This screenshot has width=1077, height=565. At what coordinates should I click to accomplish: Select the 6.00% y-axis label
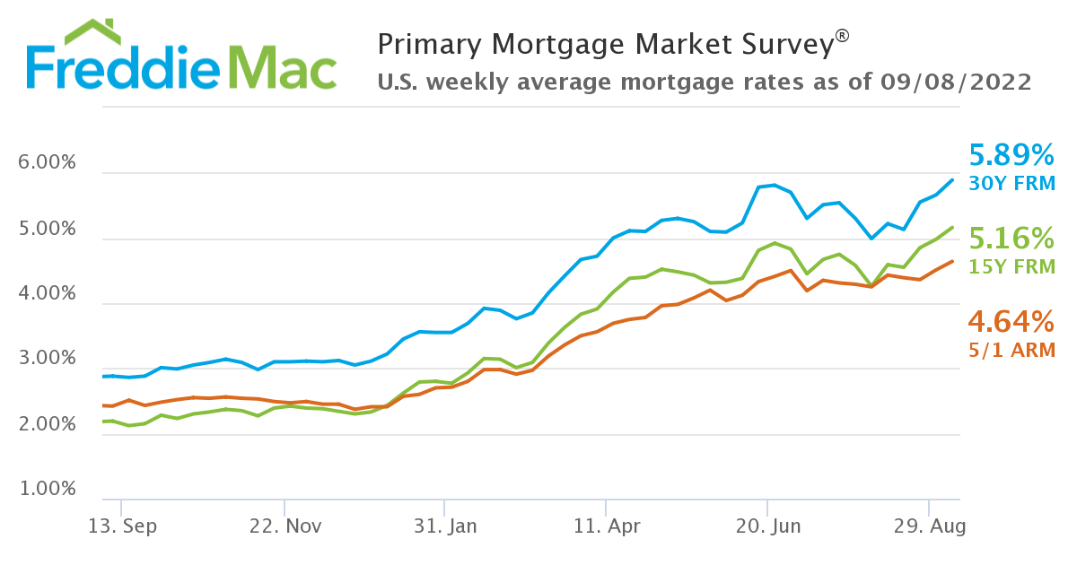coord(47,164)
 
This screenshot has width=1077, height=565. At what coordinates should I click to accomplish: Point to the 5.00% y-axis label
coord(47,230)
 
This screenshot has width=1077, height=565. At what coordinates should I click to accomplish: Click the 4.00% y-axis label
coord(47,295)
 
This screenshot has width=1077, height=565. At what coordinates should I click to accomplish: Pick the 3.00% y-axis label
coord(47,361)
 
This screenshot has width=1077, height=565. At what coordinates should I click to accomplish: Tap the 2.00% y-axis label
coord(47,425)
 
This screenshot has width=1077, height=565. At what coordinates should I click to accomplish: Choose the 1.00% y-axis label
coord(47,491)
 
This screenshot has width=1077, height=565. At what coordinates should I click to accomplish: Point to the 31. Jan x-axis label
coord(443,526)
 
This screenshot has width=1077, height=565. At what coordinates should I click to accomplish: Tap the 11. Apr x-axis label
coord(606,526)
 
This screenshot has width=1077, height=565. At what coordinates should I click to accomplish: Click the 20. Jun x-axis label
coord(767,526)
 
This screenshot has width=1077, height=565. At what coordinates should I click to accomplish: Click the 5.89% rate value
coord(1011,156)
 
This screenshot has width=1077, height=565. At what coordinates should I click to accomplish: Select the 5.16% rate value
coord(1011,239)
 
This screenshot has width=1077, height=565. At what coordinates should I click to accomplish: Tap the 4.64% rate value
coord(1011,321)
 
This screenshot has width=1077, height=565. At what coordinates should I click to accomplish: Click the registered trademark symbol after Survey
coord(842,35)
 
